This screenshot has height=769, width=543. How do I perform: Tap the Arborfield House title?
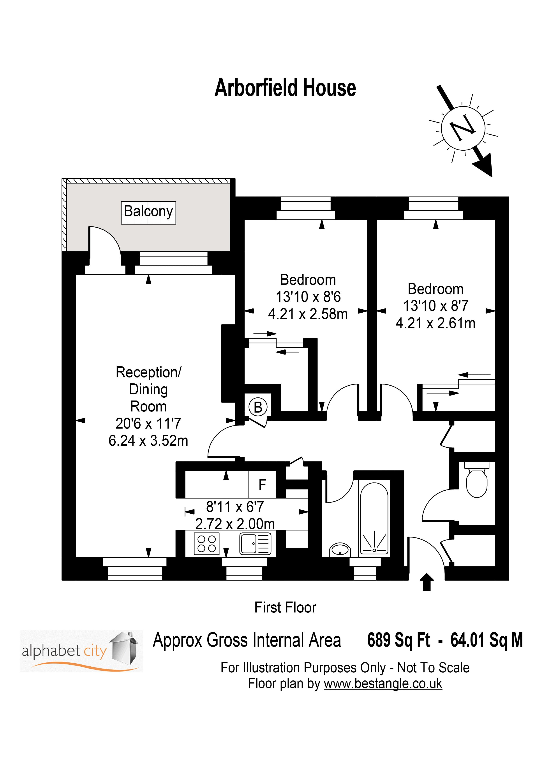click(x=285, y=88)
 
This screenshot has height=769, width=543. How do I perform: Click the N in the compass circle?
click(x=463, y=128)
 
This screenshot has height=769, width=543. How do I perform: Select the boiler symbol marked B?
click(x=258, y=407)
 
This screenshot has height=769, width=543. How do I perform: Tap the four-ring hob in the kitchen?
click(x=206, y=544)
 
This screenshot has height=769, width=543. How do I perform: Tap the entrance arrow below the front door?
click(x=426, y=582)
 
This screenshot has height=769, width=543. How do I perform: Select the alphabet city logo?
click(x=81, y=651)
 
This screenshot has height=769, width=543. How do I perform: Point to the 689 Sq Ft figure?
click(x=398, y=640)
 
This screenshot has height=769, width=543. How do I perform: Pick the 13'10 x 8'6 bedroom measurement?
click(x=308, y=297)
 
